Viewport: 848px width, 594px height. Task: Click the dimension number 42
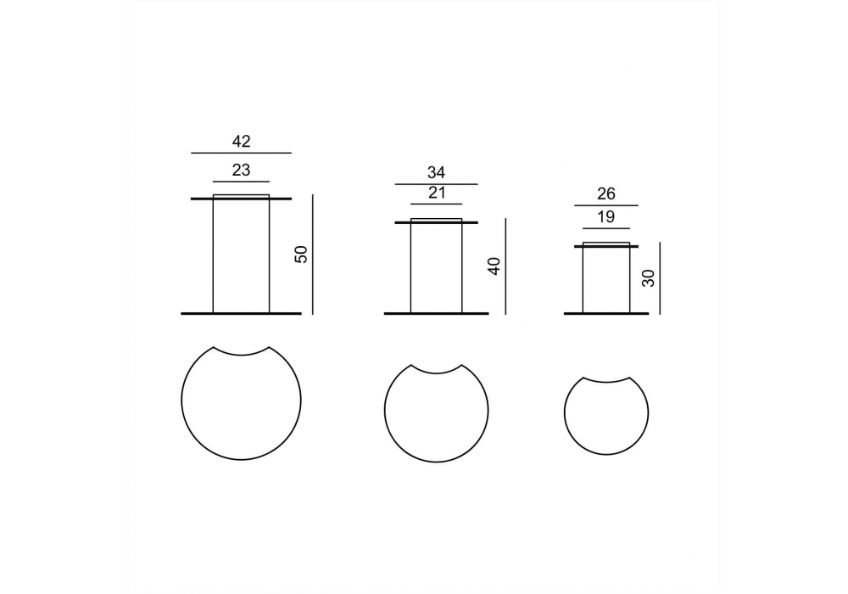pos(241,141)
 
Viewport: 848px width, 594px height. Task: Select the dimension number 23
pos(241,170)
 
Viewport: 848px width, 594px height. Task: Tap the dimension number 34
pos(437,172)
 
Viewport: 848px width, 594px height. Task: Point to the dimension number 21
pos(437,193)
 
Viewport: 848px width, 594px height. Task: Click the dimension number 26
pos(606,193)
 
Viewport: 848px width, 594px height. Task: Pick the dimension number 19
pos(606,217)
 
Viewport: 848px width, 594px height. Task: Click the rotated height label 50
pos(301,255)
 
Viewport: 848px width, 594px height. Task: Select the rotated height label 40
pos(494,266)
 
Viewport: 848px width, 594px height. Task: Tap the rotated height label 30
pos(649,278)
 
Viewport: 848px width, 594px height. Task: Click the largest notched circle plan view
pos(181,401)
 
